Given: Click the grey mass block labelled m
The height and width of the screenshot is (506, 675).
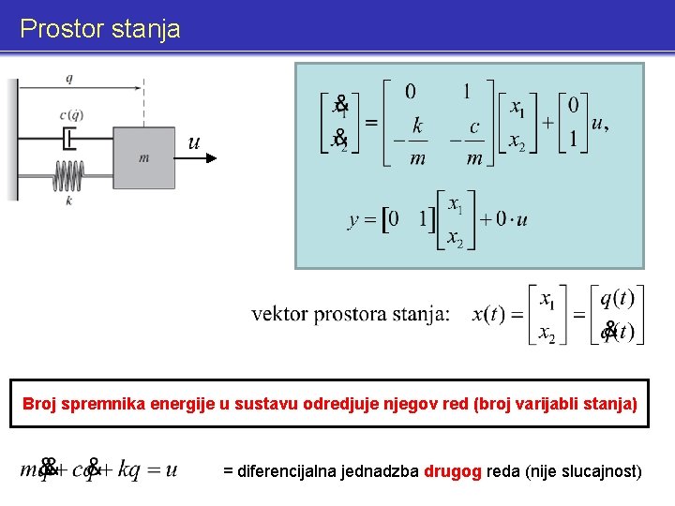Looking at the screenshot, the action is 143,157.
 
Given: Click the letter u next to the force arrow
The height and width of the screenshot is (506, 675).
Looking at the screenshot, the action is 193,141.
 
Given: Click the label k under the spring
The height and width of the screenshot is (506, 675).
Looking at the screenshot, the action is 69,199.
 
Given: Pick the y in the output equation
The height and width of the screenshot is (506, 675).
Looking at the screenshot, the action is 353,220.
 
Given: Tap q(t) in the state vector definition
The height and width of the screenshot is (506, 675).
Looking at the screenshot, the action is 617,298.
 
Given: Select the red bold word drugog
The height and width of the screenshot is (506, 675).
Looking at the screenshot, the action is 453,469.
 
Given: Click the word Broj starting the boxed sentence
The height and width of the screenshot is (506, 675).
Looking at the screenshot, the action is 39,404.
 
